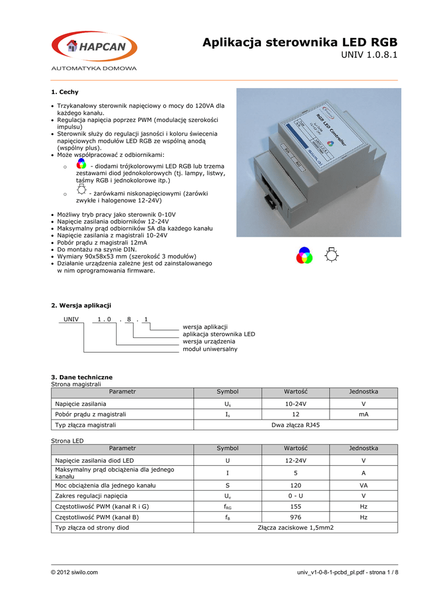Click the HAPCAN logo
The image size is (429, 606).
(94, 47)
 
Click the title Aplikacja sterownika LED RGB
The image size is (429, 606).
(300, 42)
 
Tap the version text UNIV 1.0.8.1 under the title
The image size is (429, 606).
(370, 56)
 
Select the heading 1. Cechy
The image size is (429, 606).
(65, 92)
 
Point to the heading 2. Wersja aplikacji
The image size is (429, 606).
(81, 305)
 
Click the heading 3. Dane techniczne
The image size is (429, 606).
(82, 377)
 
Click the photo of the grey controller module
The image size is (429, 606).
(318, 162)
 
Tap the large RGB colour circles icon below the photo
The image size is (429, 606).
(304, 256)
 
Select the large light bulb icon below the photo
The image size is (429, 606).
(333, 255)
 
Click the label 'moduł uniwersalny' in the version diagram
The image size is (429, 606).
(209, 349)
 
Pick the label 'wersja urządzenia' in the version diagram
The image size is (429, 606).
(209, 341)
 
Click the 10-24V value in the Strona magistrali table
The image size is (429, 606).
(296, 404)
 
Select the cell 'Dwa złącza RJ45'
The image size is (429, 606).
(296, 425)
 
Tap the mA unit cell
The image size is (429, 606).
(363, 414)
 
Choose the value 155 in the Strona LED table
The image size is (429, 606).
(296, 507)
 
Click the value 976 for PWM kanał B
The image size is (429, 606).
(296, 517)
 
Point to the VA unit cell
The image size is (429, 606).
(363, 485)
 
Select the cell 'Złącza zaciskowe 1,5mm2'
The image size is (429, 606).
(296, 527)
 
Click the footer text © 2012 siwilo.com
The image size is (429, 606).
(75, 572)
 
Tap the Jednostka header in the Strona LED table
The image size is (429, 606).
(363, 449)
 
